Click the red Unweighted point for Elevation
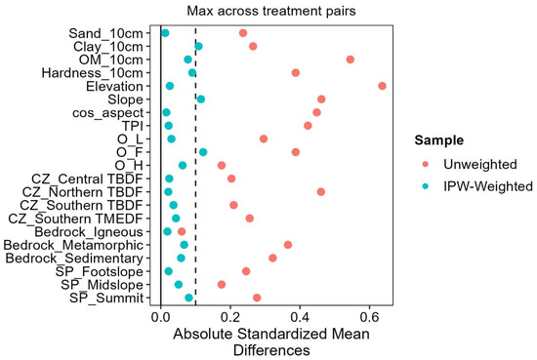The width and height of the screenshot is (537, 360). tap(382, 86)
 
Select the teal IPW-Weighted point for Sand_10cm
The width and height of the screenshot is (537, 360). tap(165, 33)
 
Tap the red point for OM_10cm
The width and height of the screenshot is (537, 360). tap(350, 60)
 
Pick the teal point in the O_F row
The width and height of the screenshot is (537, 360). tap(203, 152)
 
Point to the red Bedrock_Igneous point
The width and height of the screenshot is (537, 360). tap(182, 231)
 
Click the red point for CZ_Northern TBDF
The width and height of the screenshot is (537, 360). tap(321, 191)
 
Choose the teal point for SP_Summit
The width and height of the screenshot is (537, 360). tap(188, 298)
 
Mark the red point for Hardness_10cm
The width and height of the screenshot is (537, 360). tap(296, 72)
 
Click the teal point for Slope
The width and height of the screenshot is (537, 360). tap(201, 100)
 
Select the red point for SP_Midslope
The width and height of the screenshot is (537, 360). tap(222, 284)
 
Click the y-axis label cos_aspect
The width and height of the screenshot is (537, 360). tap(107, 113)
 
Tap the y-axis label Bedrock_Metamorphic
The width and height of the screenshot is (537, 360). tap(73, 245)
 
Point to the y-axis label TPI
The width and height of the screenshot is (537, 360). tap(133, 126)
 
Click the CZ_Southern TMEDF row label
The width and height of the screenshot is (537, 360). tap(75, 219)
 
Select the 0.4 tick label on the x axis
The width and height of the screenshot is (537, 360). tap(300, 317)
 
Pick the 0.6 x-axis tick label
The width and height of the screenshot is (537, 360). tap(369, 317)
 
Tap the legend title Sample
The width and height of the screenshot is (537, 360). tap(439, 140)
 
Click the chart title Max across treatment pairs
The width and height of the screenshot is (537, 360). tap(271, 11)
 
